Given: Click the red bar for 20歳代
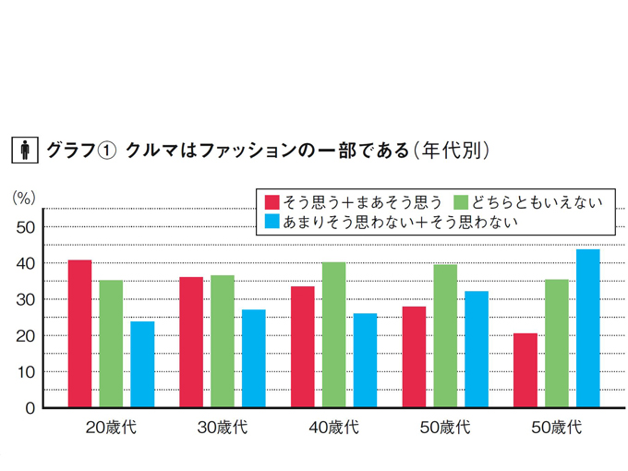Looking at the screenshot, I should pyautogui.click(x=80, y=333).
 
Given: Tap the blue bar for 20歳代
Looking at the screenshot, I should pyautogui.click(x=142, y=364).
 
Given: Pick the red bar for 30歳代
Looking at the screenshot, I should pyautogui.click(x=191, y=342).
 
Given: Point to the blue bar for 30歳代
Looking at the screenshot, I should pyautogui.click(x=253, y=358).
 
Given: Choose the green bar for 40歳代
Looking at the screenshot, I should pyautogui.click(x=333, y=334).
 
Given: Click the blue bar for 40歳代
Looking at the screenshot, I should pyautogui.click(x=365, y=360).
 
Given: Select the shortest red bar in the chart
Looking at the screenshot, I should pyautogui.click(x=525, y=370).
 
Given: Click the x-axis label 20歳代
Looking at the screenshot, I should pyautogui.click(x=112, y=428).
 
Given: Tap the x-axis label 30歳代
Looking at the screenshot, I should pyautogui.click(x=223, y=428).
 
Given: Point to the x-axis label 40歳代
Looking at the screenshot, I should pyautogui.click(x=333, y=428).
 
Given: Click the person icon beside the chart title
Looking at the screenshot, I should pyautogui.click(x=24, y=150).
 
